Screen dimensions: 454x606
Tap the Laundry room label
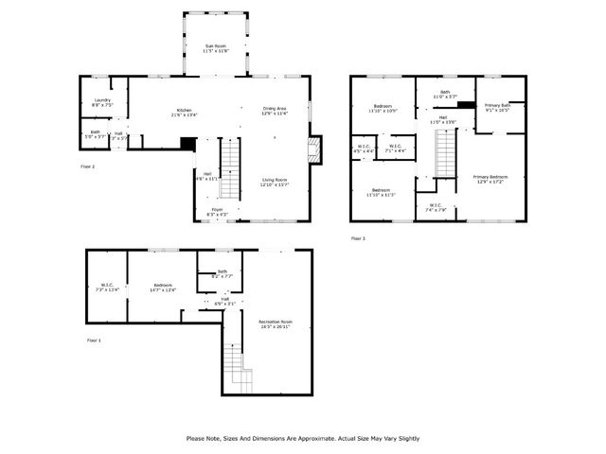point(102,102)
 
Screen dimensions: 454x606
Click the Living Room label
point(274,182)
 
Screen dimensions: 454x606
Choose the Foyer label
point(217,211)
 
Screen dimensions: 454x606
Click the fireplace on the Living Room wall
point(314,148)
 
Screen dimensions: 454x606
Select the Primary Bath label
point(497,107)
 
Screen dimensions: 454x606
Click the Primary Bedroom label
point(490,179)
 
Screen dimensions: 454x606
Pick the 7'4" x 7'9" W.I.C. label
point(435,207)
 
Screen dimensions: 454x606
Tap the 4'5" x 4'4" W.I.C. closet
point(364,148)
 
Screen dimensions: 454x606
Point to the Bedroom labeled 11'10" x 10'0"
point(383,108)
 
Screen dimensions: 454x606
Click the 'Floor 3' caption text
point(357,238)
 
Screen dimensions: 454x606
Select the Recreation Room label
point(276,323)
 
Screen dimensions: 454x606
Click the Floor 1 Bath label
point(222,274)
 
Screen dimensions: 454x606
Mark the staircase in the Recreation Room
point(235,369)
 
